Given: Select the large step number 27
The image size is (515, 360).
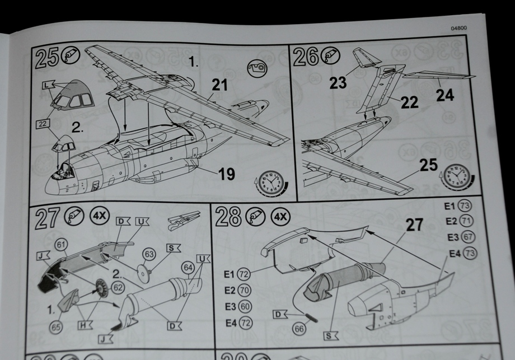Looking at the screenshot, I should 48,219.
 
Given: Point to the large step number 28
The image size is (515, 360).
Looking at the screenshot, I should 228,217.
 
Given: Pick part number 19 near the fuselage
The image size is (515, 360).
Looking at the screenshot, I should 226,174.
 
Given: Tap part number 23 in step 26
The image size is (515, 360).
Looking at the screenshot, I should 338,83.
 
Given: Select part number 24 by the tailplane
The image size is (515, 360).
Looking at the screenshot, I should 445,95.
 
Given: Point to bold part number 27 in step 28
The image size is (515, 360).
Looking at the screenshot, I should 415,226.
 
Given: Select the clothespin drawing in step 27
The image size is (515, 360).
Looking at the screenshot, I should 183,219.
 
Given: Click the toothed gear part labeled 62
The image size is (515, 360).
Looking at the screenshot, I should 102,287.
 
